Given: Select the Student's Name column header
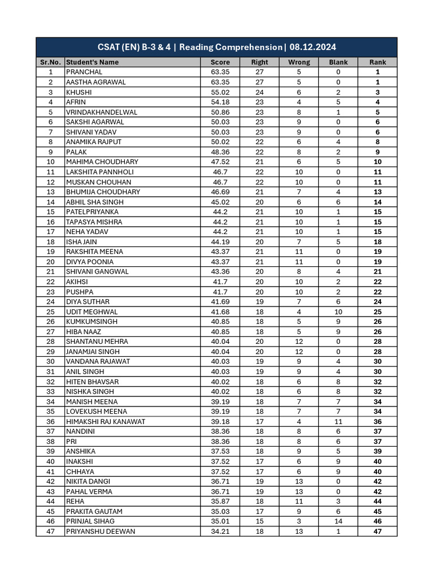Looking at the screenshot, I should point(93,62).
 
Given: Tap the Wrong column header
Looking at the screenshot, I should point(299,62).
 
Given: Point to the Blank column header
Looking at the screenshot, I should point(338,62).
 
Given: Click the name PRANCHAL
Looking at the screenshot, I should point(84,72).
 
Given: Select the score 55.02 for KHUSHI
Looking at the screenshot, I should point(220,92).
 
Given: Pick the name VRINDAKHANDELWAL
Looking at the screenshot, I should point(102,112).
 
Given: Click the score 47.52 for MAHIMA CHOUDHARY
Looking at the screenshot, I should point(220,162).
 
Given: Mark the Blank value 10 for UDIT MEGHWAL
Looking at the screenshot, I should point(338,312).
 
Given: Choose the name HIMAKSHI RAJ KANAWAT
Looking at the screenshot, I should point(106,421).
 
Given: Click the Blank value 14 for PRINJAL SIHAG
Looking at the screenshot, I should point(338,521).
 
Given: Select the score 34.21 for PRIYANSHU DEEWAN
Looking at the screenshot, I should point(220,531).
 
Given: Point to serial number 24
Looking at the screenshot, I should point(51,302).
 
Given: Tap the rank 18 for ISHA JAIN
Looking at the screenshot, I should point(377,242).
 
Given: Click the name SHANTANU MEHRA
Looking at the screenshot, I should point(97,342).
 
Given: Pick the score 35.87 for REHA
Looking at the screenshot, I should point(220,501).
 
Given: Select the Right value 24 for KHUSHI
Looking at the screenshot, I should point(259,92).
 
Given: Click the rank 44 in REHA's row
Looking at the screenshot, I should point(377,501).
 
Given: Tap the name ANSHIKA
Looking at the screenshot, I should point(81,451).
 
